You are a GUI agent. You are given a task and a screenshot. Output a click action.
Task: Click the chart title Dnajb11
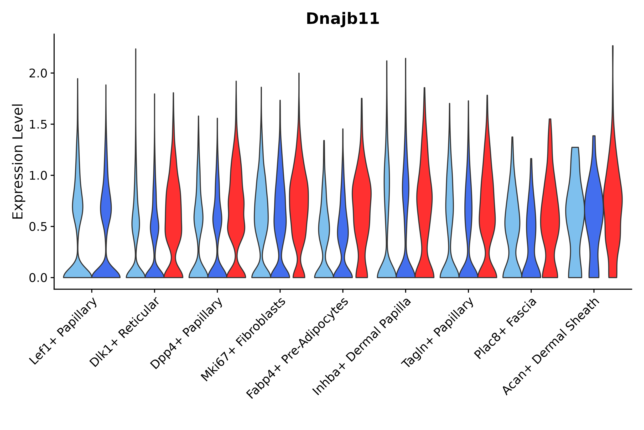(343, 19)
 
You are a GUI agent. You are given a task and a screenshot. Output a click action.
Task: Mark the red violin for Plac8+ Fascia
(550, 219)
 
